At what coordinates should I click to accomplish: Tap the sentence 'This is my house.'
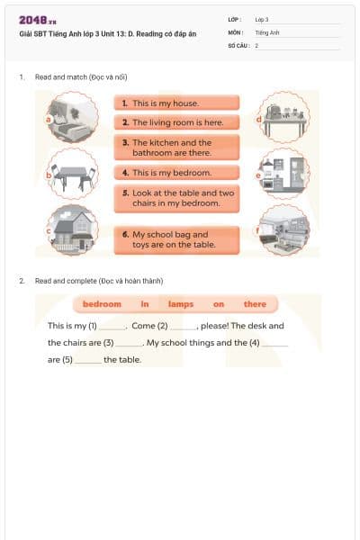pyautogui.click(x=176, y=103)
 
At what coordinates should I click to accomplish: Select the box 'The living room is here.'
pyautogui.click(x=176, y=122)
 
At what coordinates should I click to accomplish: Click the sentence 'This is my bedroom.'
pyautogui.click(x=176, y=172)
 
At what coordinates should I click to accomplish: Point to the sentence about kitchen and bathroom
pyautogui.click(x=176, y=148)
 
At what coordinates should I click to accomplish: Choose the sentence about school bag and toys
pyautogui.click(x=176, y=238)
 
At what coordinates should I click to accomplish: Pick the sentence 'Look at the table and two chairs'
pyautogui.click(x=176, y=198)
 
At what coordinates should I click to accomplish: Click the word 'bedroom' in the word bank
pyautogui.click(x=102, y=304)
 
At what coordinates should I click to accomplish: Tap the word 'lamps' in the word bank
pyautogui.click(x=181, y=304)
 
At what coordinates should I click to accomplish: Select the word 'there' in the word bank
pyautogui.click(x=255, y=304)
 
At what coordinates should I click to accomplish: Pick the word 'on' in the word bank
pyautogui.click(x=219, y=304)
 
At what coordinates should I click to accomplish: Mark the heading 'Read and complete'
pyautogui.click(x=99, y=281)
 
